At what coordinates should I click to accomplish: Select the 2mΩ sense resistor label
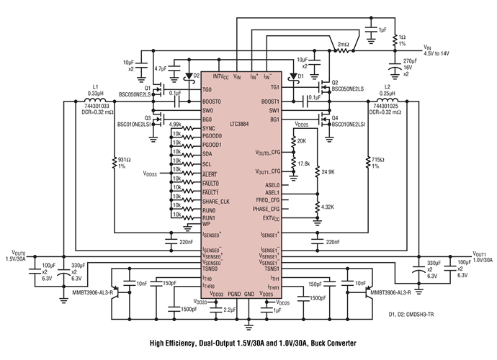343,44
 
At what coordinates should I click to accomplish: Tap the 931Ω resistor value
120,161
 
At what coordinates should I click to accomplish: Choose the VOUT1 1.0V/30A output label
482,258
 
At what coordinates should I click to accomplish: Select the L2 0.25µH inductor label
387,89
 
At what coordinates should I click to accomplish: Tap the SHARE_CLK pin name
215,201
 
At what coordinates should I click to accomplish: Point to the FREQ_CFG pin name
268,199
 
